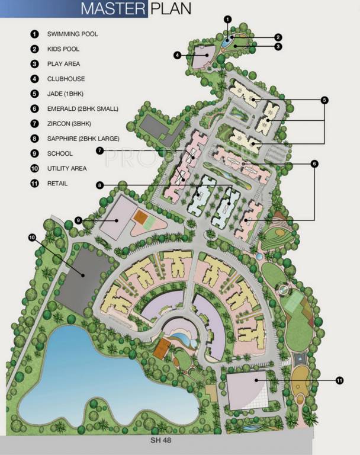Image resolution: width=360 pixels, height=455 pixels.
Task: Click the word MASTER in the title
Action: click(x=112, y=8)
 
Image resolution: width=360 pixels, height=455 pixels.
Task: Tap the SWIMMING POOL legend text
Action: click(x=72, y=34)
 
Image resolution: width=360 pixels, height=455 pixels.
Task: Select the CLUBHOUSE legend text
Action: click(x=66, y=79)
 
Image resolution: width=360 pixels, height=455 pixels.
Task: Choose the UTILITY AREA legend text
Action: click(x=67, y=169)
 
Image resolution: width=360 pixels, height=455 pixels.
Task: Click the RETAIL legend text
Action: click(x=57, y=184)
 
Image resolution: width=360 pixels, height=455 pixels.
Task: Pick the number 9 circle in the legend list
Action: click(x=34, y=153)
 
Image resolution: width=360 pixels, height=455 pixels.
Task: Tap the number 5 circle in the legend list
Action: click(x=34, y=94)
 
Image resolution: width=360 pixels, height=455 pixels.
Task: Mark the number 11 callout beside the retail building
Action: click(x=339, y=380)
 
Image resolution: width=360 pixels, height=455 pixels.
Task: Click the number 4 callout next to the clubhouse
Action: click(x=177, y=55)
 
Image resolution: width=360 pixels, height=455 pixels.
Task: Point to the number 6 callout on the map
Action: click(x=314, y=163)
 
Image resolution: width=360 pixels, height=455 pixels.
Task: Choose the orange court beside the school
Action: click(x=140, y=217)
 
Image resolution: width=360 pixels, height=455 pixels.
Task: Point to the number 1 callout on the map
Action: click(x=227, y=18)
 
